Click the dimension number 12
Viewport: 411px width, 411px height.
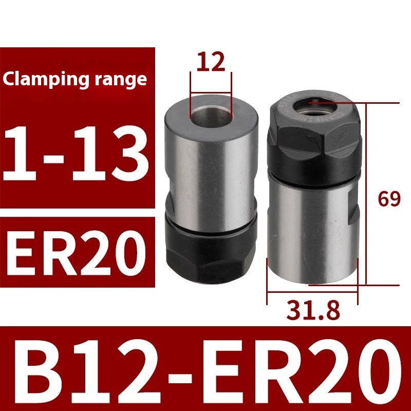click(211, 62)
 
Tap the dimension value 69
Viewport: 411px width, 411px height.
click(388, 198)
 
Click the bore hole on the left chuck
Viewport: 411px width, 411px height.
click(211, 112)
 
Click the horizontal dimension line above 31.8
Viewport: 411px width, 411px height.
click(312, 293)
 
